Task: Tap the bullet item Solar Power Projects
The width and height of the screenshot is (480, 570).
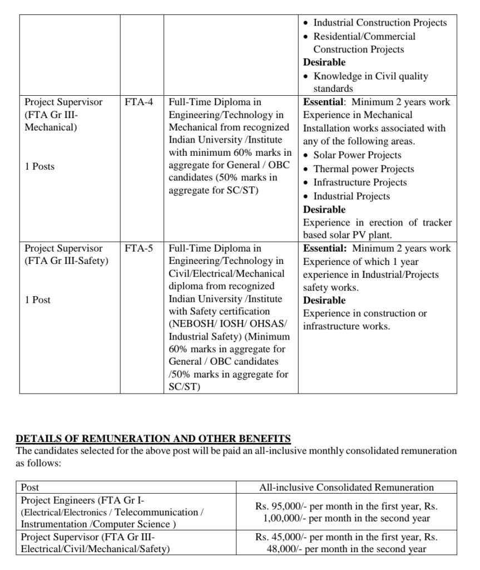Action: click(x=357, y=155)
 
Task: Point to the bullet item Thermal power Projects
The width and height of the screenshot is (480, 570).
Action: click(x=363, y=169)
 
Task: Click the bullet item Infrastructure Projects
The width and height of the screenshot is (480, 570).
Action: click(x=360, y=183)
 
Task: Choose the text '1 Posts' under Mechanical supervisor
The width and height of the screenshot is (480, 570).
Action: click(x=39, y=166)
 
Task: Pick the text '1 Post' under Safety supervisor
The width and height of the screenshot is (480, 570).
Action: click(x=37, y=299)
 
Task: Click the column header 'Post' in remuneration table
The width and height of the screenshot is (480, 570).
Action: click(x=30, y=487)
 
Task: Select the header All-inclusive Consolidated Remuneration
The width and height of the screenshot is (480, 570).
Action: click(x=346, y=487)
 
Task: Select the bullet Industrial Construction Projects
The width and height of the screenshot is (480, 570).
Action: click(x=380, y=23)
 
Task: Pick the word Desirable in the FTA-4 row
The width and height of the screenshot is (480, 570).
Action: click(x=324, y=209)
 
